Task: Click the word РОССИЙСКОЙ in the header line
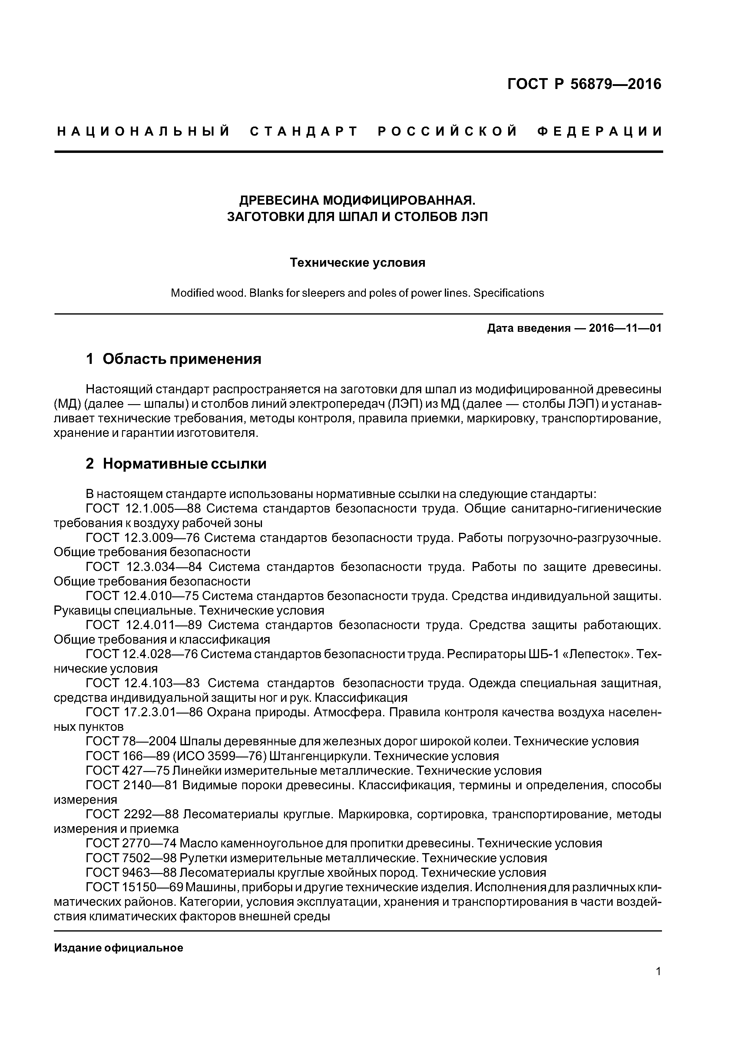coord(448,132)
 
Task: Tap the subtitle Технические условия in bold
coord(357,263)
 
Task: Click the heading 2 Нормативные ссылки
coord(176,463)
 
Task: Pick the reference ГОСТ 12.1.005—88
coord(144,508)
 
